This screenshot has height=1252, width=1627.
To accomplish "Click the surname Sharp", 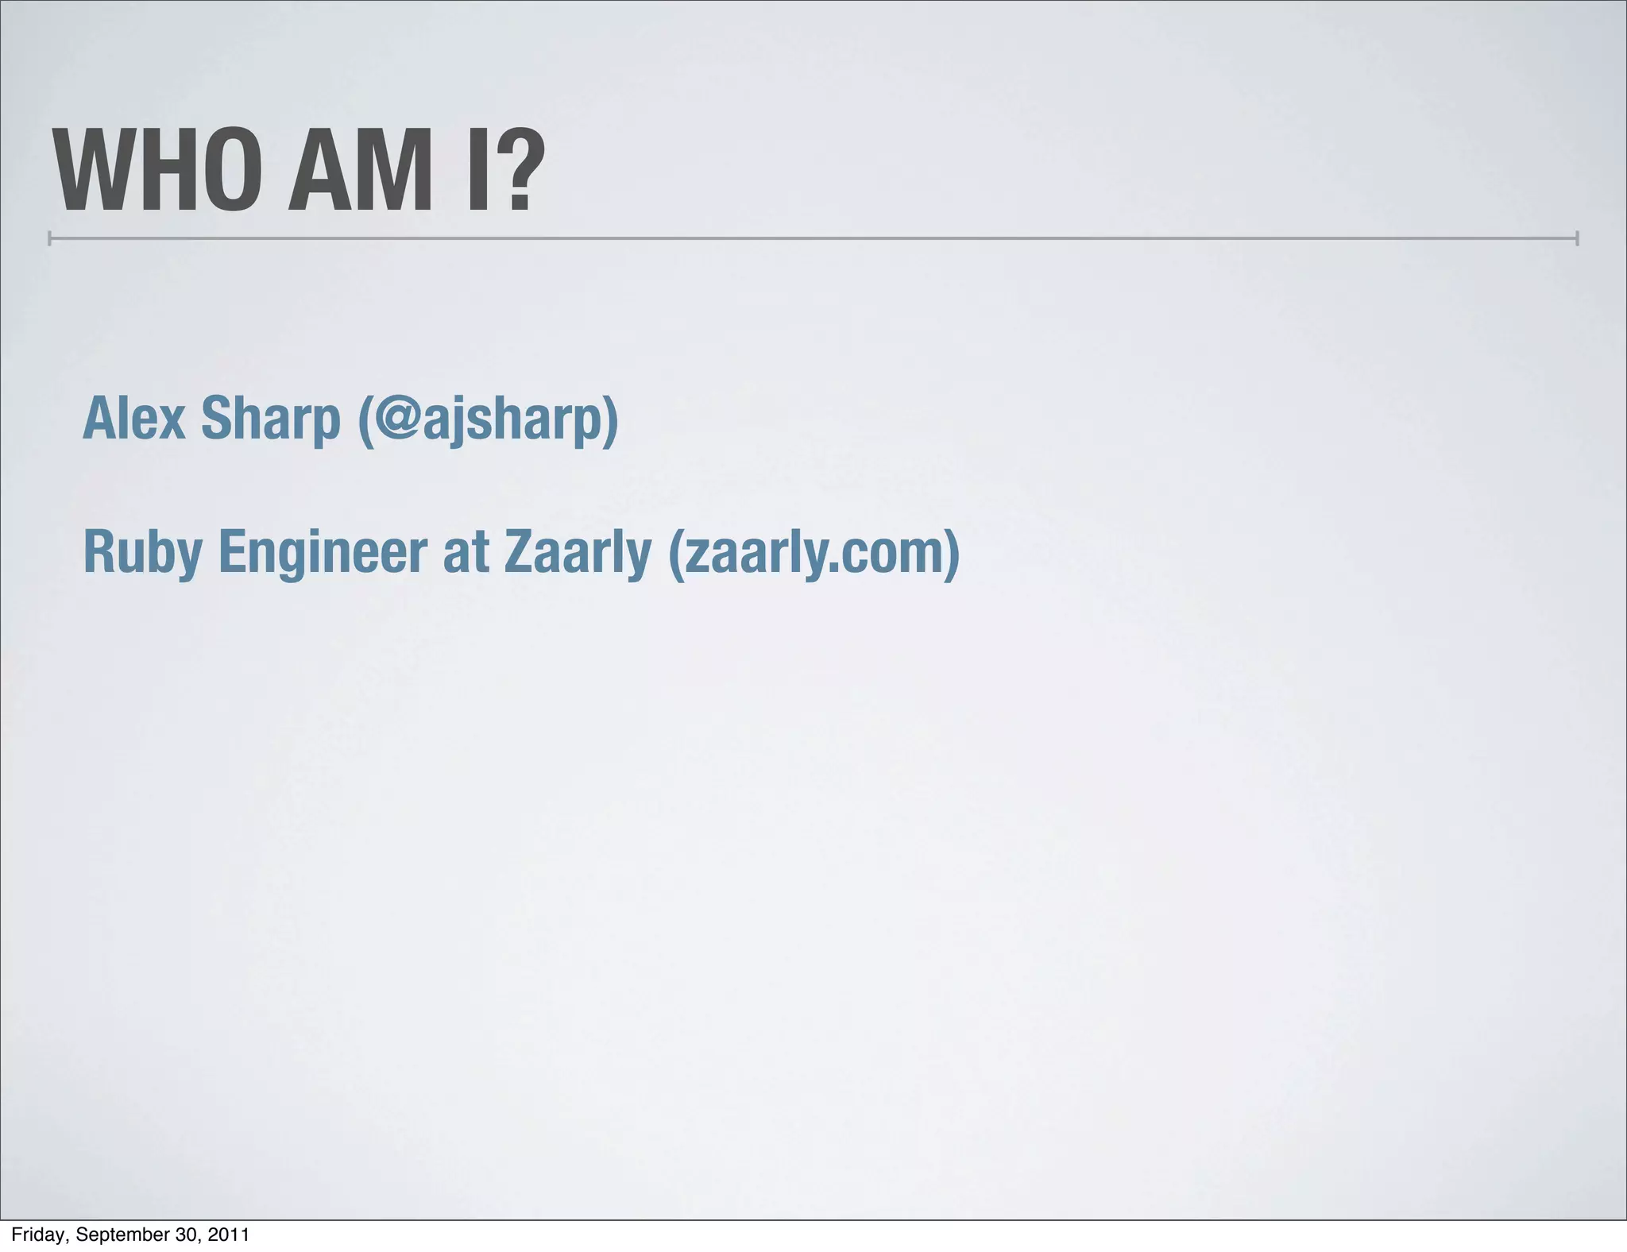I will (270, 419).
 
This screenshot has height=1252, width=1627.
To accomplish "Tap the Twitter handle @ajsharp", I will (486, 419).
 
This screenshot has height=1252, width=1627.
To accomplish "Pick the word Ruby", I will (142, 554).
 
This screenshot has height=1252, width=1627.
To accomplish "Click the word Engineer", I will (323, 554).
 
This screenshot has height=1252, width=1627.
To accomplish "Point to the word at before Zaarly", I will (466, 554).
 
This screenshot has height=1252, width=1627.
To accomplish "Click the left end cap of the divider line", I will (50, 238).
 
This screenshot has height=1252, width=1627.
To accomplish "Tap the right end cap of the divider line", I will (1577, 238).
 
